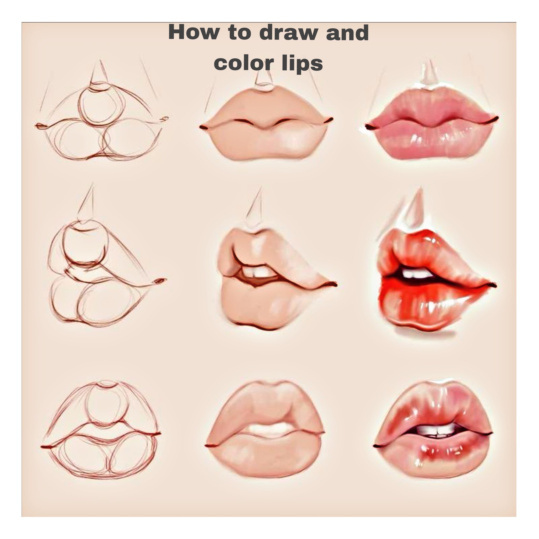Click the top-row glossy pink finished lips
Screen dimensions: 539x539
432,123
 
